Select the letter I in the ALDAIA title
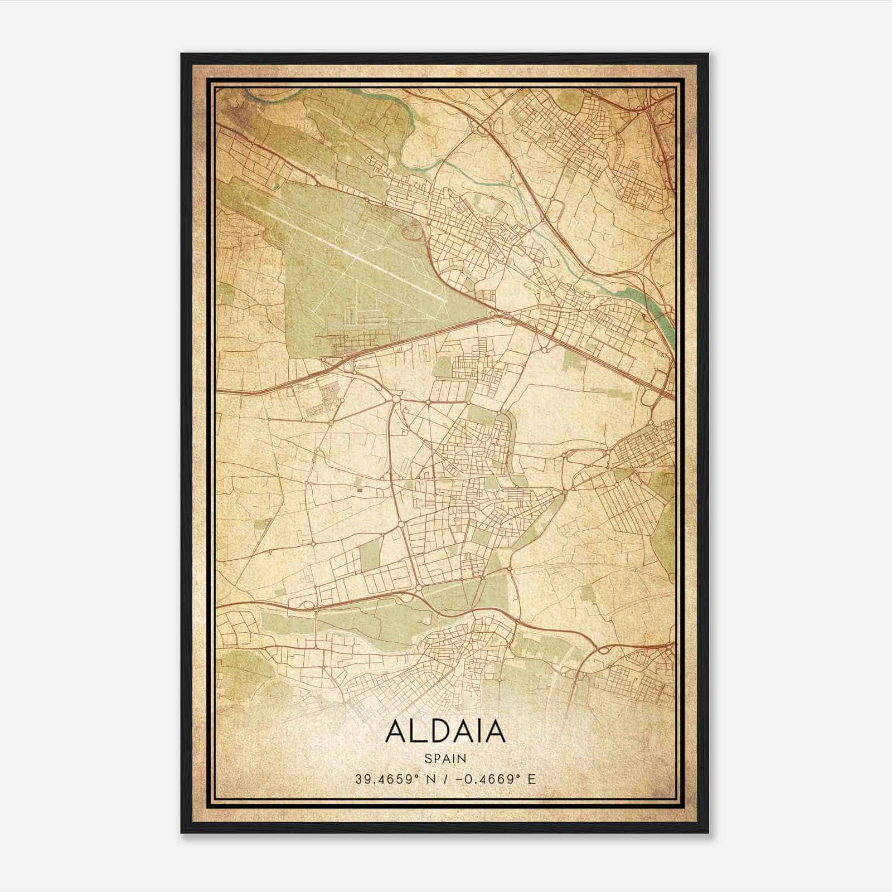(x=480, y=731)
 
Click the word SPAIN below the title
(x=445, y=758)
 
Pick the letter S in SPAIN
(x=427, y=758)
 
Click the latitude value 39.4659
(x=382, y=779)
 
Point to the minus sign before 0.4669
(x=458, y=779)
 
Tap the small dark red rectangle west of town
(x=360, y=490)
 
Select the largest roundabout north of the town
(x=396, y=399)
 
